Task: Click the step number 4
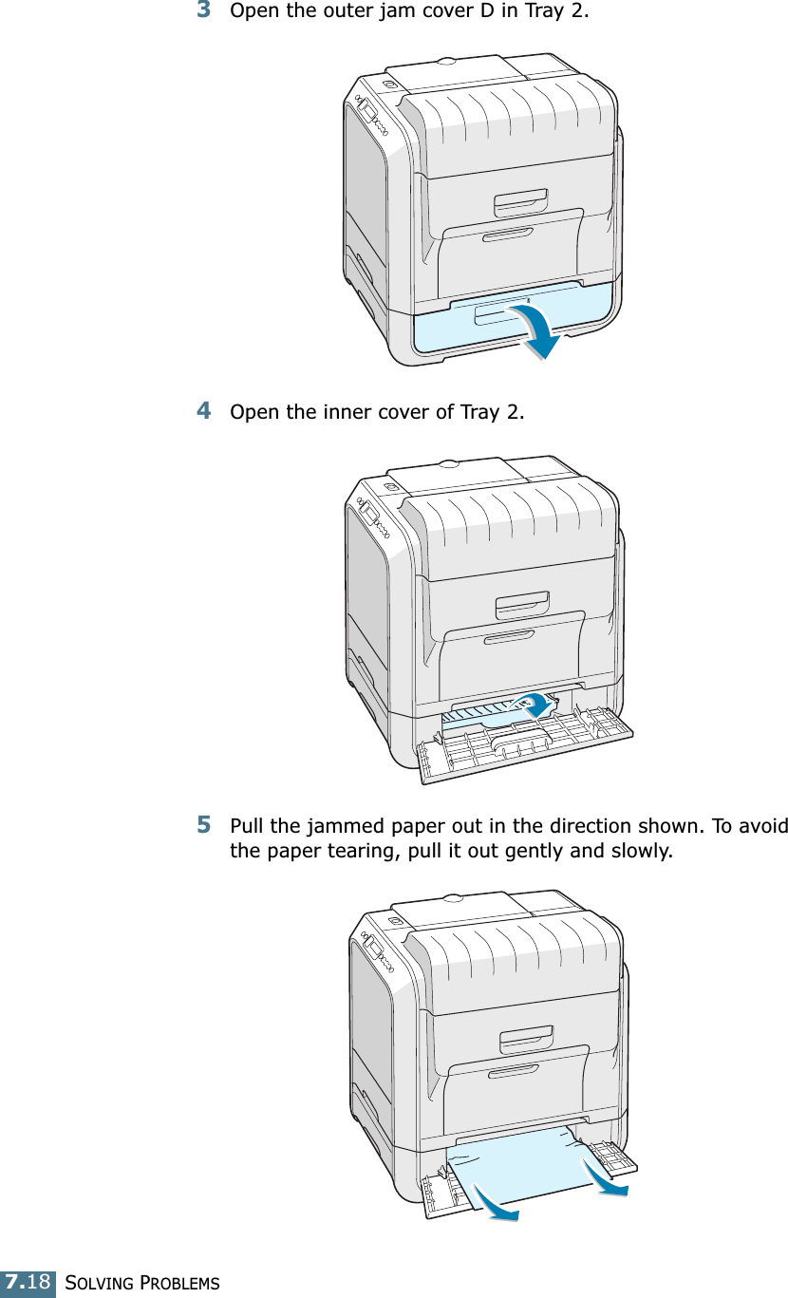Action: pos(203,411)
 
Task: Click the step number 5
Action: pos(203,823)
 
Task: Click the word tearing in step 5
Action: pos(357,849)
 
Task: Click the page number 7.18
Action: pos(28,1282)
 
